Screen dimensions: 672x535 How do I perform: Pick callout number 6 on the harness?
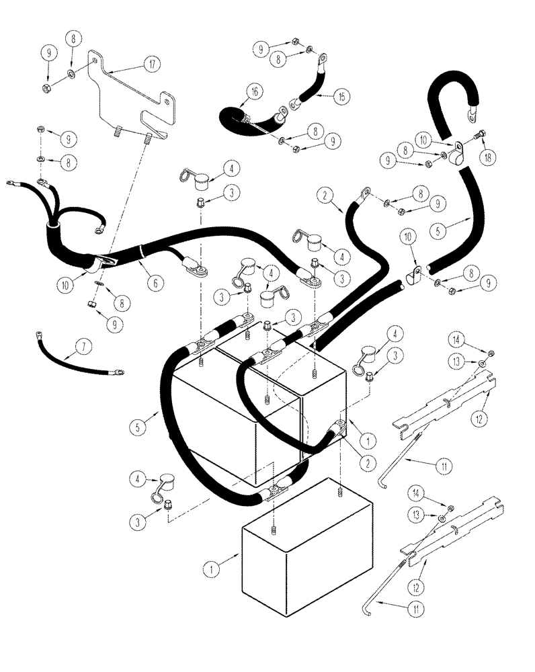point(155,285)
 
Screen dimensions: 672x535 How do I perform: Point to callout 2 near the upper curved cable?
point(325,196)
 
